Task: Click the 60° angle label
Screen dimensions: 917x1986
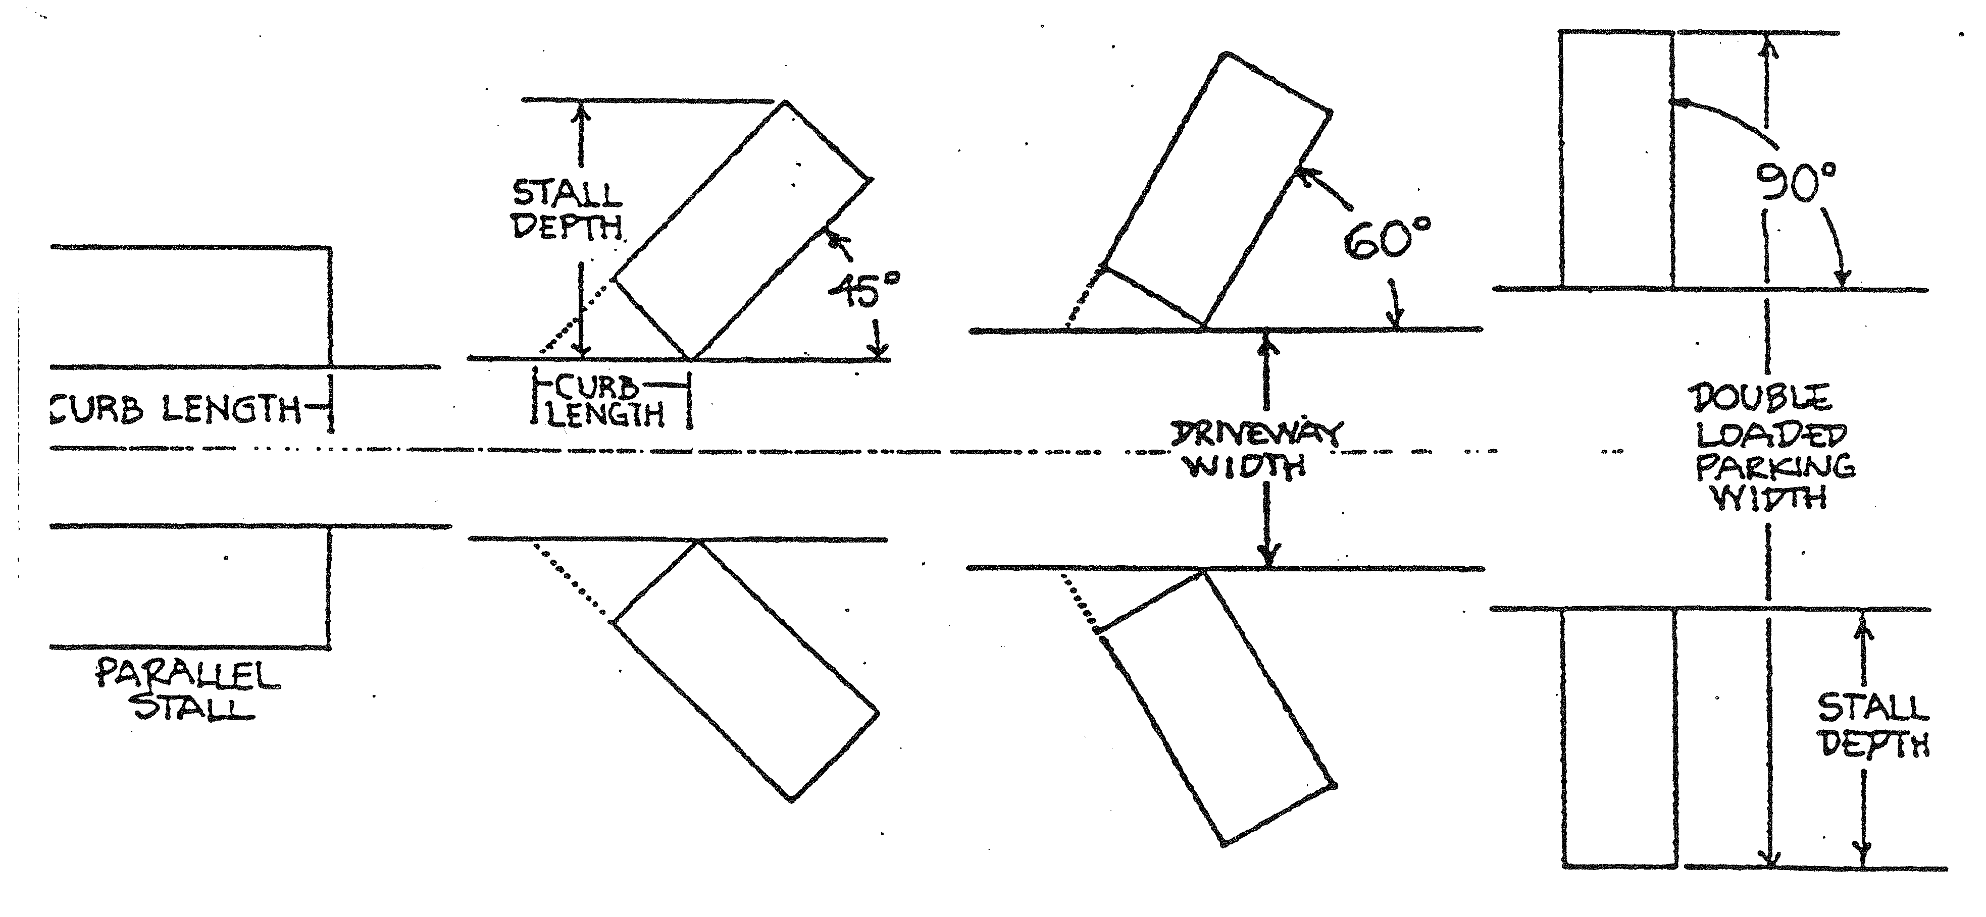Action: [1386, 240]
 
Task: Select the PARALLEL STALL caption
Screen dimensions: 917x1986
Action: [187, 690]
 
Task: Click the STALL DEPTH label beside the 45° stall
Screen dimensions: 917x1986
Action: [568, 208]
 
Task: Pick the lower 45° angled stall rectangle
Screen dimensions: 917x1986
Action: [746, 670]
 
